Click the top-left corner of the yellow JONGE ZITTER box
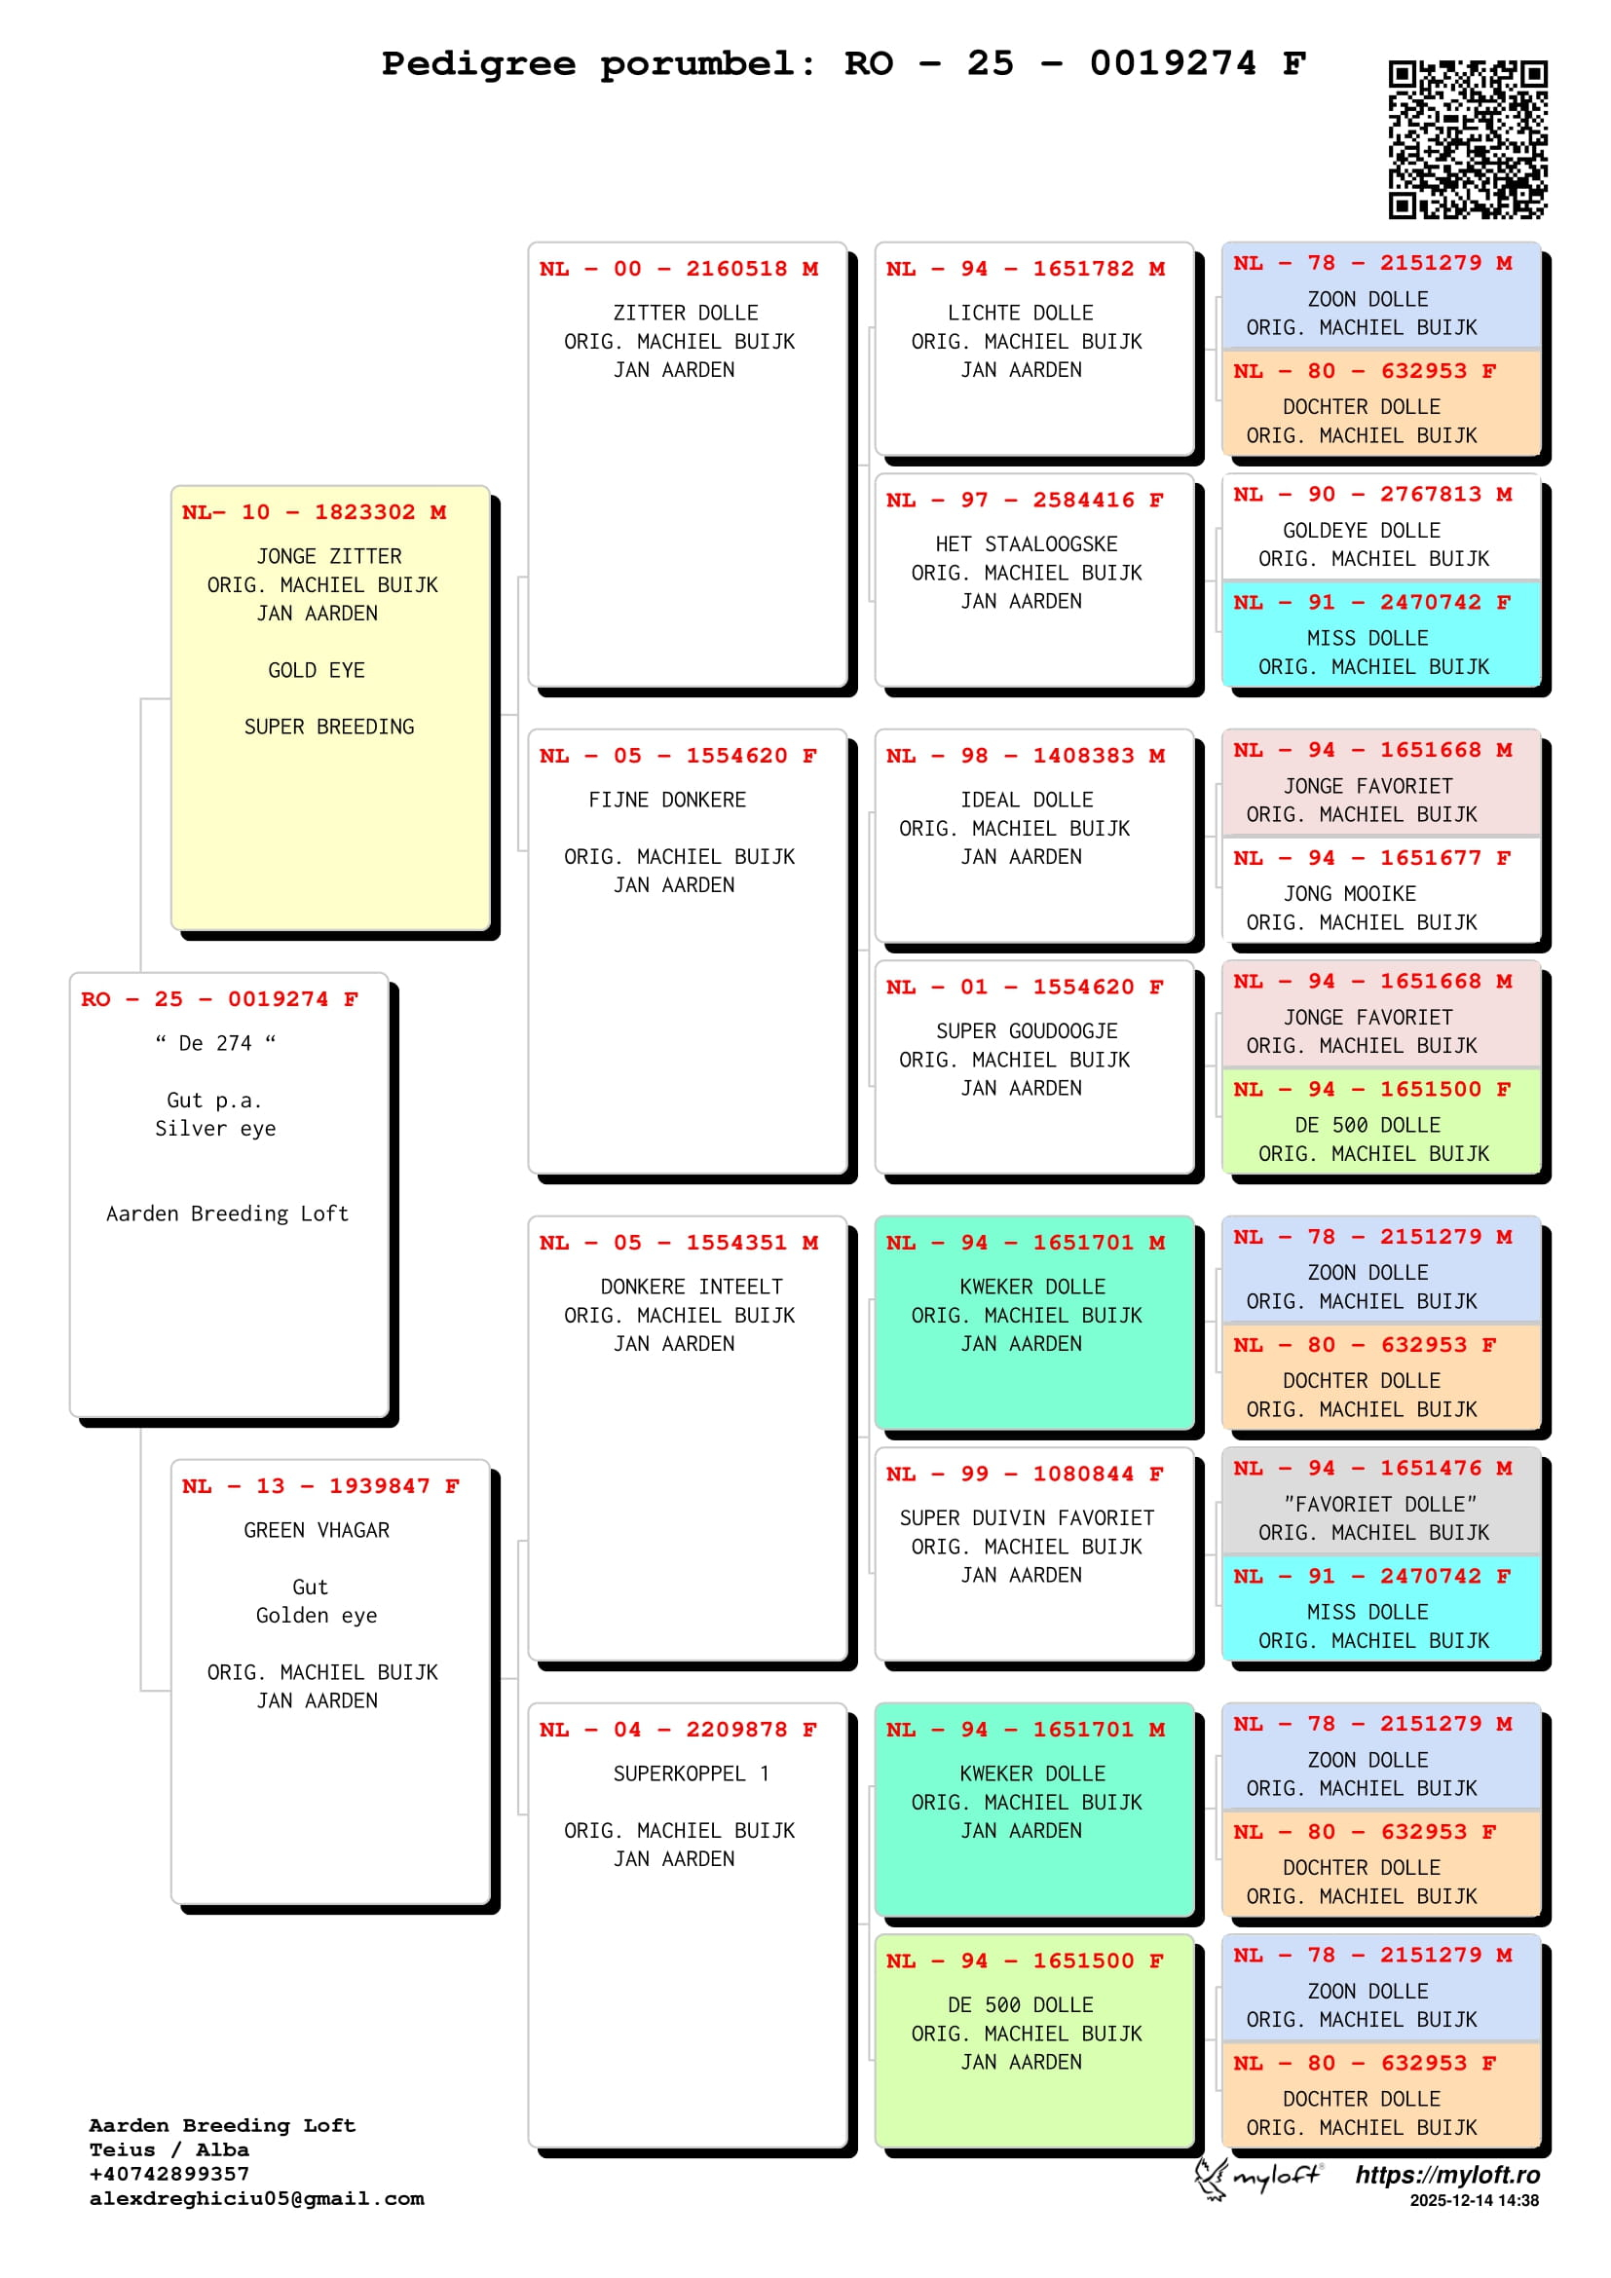[x=171, y=486]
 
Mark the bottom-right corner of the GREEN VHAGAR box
[x=491, y=1904]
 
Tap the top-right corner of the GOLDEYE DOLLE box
[x=1541, y=474]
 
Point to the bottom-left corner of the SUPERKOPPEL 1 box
[x=529, y=2147]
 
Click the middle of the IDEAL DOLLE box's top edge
[x=1034, y=730]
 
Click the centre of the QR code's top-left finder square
[x=1402, y=74]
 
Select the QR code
[x=1468, y=140]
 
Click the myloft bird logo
[x=1211, y=2179]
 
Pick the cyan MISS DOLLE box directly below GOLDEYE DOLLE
[x=1381, y=634]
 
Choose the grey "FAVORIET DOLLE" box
[x=1381, y=1501]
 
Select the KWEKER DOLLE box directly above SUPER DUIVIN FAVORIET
[x=1034, y=1323]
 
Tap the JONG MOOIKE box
[x=1381, y=890]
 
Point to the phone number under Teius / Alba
[x=169, y=2173]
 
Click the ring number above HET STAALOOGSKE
[x=1025, y=500]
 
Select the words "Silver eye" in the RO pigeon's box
[x=215, y=1128]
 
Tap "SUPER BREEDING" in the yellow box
[x=329, y=727]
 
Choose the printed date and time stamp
[x=1474, y=2201]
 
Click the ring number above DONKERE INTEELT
[x=679, y=1242]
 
